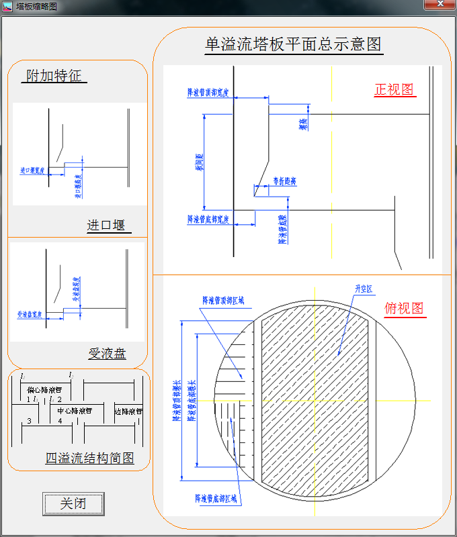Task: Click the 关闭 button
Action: click(73, 503)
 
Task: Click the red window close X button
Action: click(440, 5)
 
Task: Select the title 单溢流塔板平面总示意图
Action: click(293, 44)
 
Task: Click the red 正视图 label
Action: click(394, 90)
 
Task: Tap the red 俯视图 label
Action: click(404, 308)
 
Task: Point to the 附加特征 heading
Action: click(54, 76)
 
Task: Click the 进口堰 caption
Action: click(106, 226)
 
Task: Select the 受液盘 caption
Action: click(108, 354)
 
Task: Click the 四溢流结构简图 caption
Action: click(89, 458)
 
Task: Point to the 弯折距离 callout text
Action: click(285, 181)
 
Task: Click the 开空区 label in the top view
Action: click(364, 289)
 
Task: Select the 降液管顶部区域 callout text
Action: click(224, 301)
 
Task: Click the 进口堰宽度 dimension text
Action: click(32, 171)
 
